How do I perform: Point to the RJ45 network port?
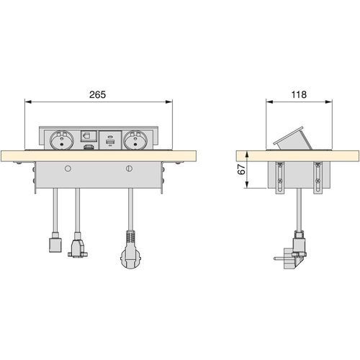click(x=88, y=135)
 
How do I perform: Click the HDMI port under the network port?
click(x=88, y=147)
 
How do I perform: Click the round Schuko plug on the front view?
click(x=130, y=255)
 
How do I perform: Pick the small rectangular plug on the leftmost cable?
click(x=52, y=245)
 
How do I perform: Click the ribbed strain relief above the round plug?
click(x=130, y=236)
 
